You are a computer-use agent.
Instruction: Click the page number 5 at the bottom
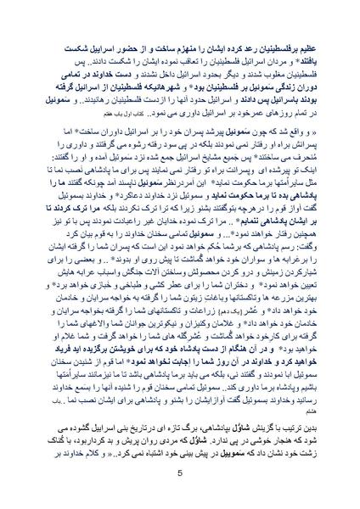click(x=180, y=473)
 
